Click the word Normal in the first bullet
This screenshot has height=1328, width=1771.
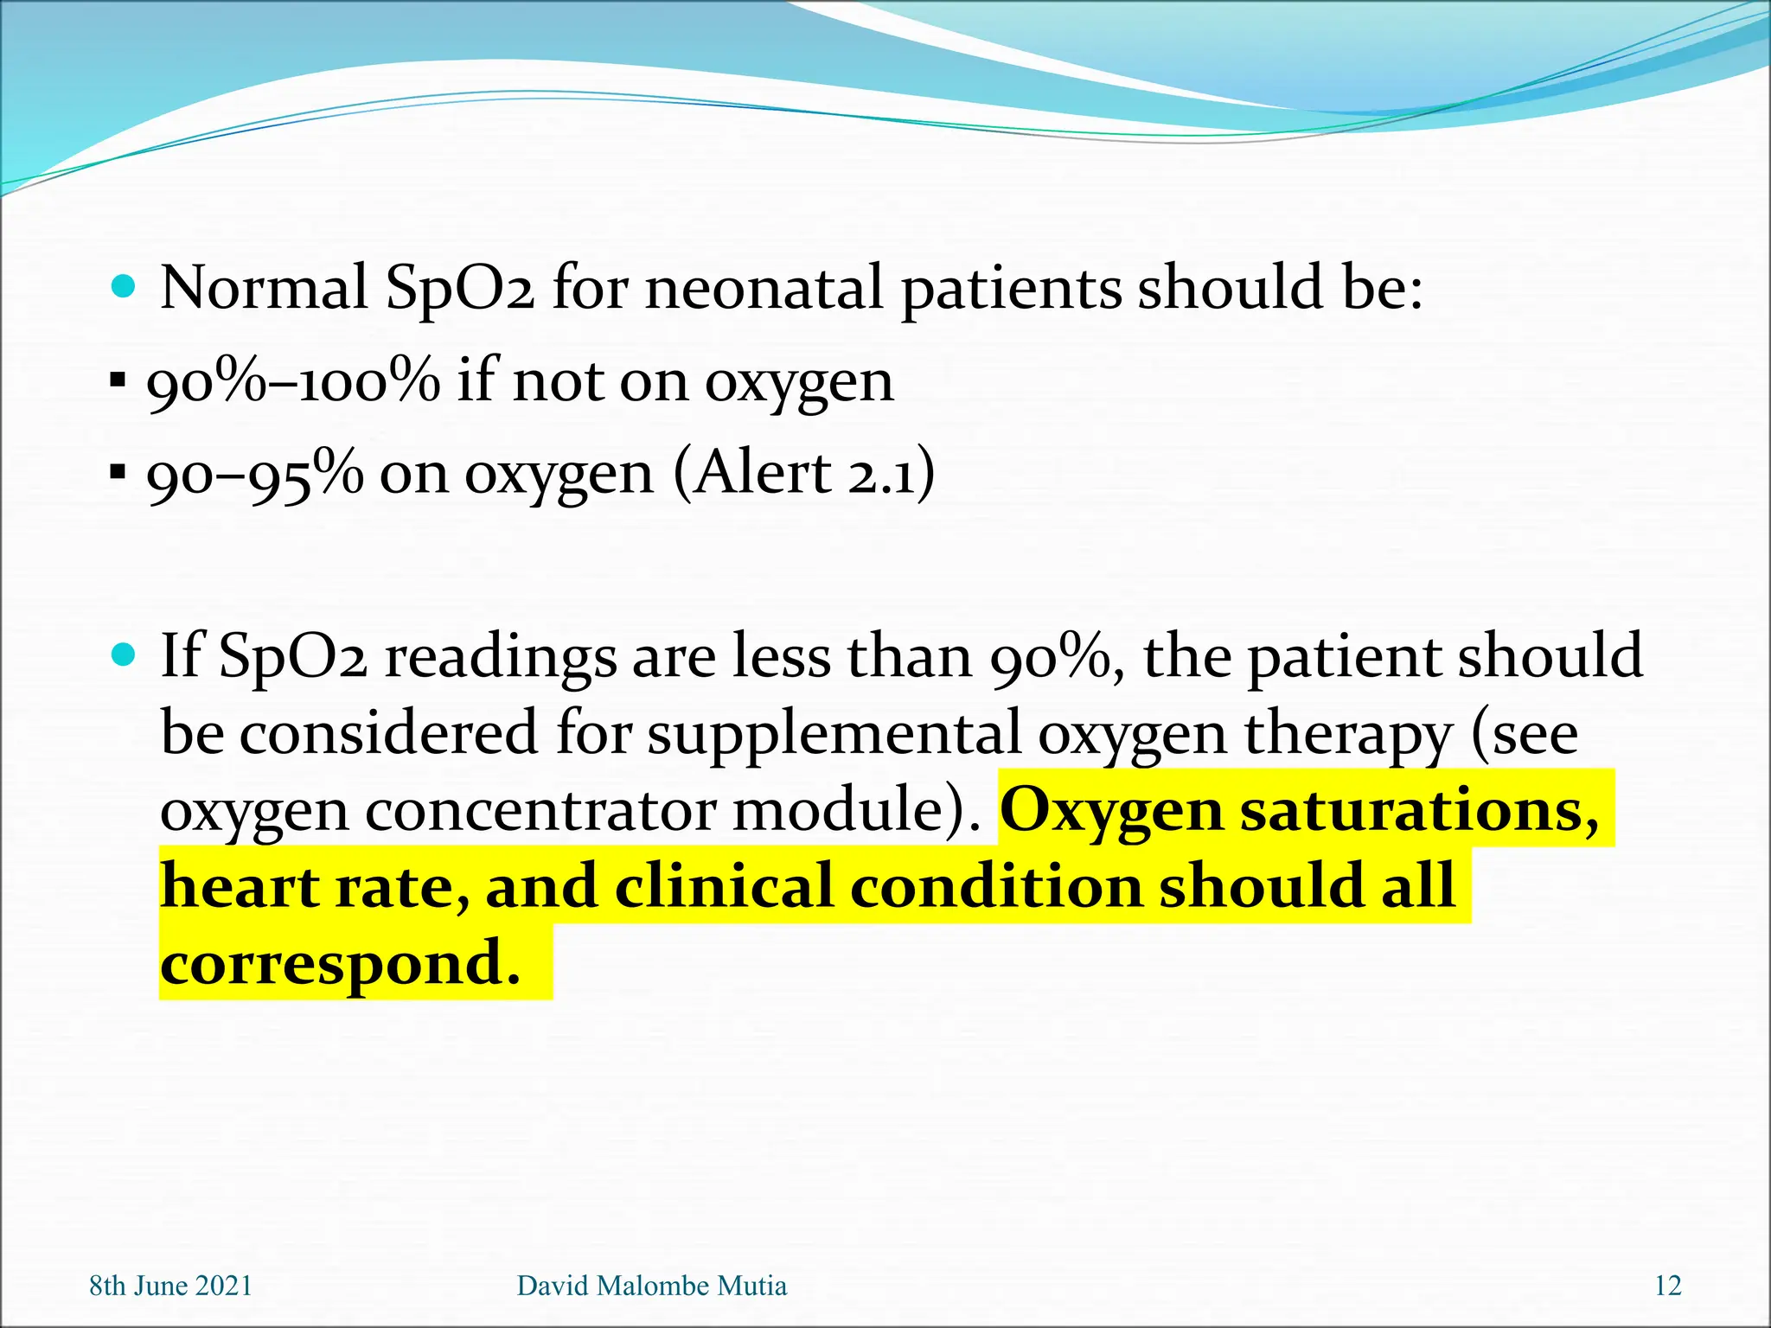click(264, 287)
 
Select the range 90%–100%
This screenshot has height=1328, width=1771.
click(293, 381)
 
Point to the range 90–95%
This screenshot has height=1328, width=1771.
click(255, 475)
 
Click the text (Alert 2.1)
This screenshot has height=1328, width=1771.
click(804, 473)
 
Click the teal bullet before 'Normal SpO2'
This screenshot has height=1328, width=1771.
click(125, 286)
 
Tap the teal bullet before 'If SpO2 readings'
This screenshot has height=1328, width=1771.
click(125, 655)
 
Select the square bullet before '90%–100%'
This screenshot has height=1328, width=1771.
click(118, 380)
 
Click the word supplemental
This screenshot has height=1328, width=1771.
click(834, 733)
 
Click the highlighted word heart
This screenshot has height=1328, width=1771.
click(240, 886)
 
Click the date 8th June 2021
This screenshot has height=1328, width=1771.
click(171, 1286)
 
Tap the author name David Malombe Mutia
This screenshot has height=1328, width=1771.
click(652, 1286)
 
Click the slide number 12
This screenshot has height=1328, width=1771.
click(1668, 1286)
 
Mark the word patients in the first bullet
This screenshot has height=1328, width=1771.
click(1012, 287)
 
